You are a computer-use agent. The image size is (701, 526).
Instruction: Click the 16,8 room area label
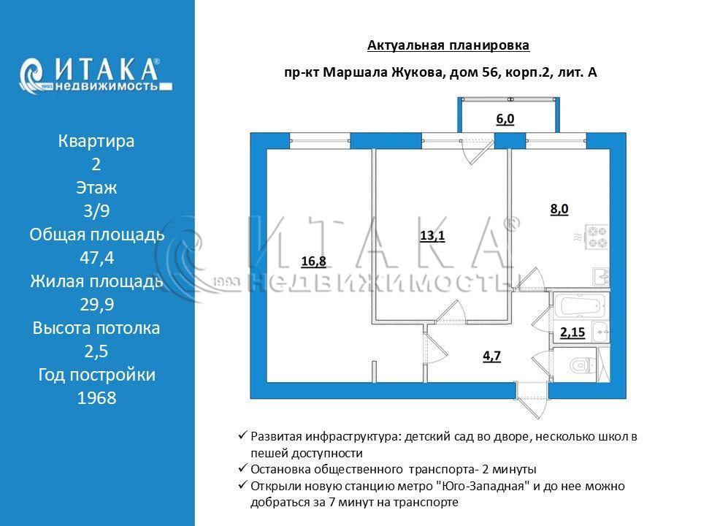pos(313,261)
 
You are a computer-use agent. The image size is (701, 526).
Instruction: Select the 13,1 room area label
pos(432,235)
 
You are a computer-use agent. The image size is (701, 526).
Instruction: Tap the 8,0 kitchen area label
pos(559,209)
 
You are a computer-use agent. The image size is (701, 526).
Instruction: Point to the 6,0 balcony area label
pos(505,120)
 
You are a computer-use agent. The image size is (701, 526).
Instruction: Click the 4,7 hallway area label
pos(492,357)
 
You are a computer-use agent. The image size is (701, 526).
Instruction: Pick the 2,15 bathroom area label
pos(572,332)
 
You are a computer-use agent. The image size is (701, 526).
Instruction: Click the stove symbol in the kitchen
pos(598,237)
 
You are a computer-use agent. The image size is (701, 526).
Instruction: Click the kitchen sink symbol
pos(600,275)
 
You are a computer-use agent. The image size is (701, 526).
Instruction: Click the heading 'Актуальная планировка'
pos(448,46)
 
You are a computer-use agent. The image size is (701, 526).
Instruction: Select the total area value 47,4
pos(96,258)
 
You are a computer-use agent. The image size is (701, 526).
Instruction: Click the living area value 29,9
pos(96,305)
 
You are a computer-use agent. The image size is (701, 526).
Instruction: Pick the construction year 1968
pos(96,398)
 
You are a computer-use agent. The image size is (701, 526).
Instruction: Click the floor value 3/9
pos(96,211)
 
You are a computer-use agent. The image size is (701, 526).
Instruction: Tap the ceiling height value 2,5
pos(96,351)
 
